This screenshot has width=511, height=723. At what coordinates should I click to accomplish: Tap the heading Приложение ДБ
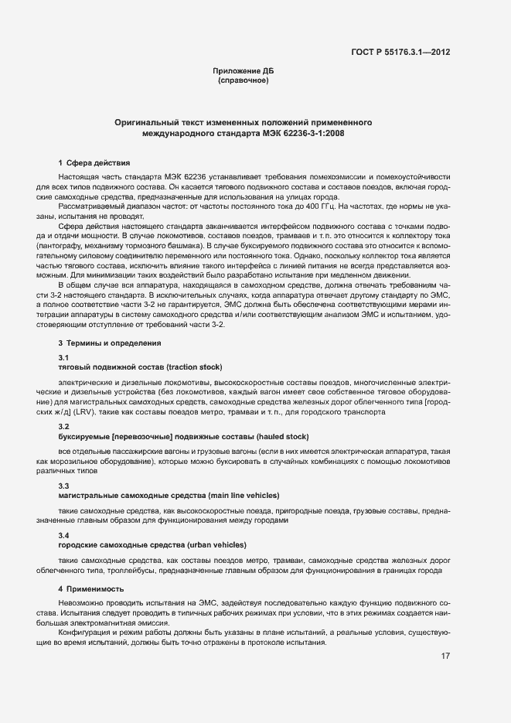tap(244, 71)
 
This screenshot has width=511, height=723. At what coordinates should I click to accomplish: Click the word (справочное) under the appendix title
tap(244, 80)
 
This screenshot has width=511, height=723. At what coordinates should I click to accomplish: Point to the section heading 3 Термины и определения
tap(110, 343)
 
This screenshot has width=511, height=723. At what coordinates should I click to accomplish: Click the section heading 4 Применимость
tap(90, 589)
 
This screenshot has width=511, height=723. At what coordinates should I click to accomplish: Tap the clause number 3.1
tap(64, 357)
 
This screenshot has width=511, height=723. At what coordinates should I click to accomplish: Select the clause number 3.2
tap(64, 427)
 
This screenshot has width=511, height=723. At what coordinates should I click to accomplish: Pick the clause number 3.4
tap(64, 535)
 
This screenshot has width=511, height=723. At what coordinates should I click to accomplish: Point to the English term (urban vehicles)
tap(213, 544)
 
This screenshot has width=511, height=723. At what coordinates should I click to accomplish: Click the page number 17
tap(446, 656)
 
